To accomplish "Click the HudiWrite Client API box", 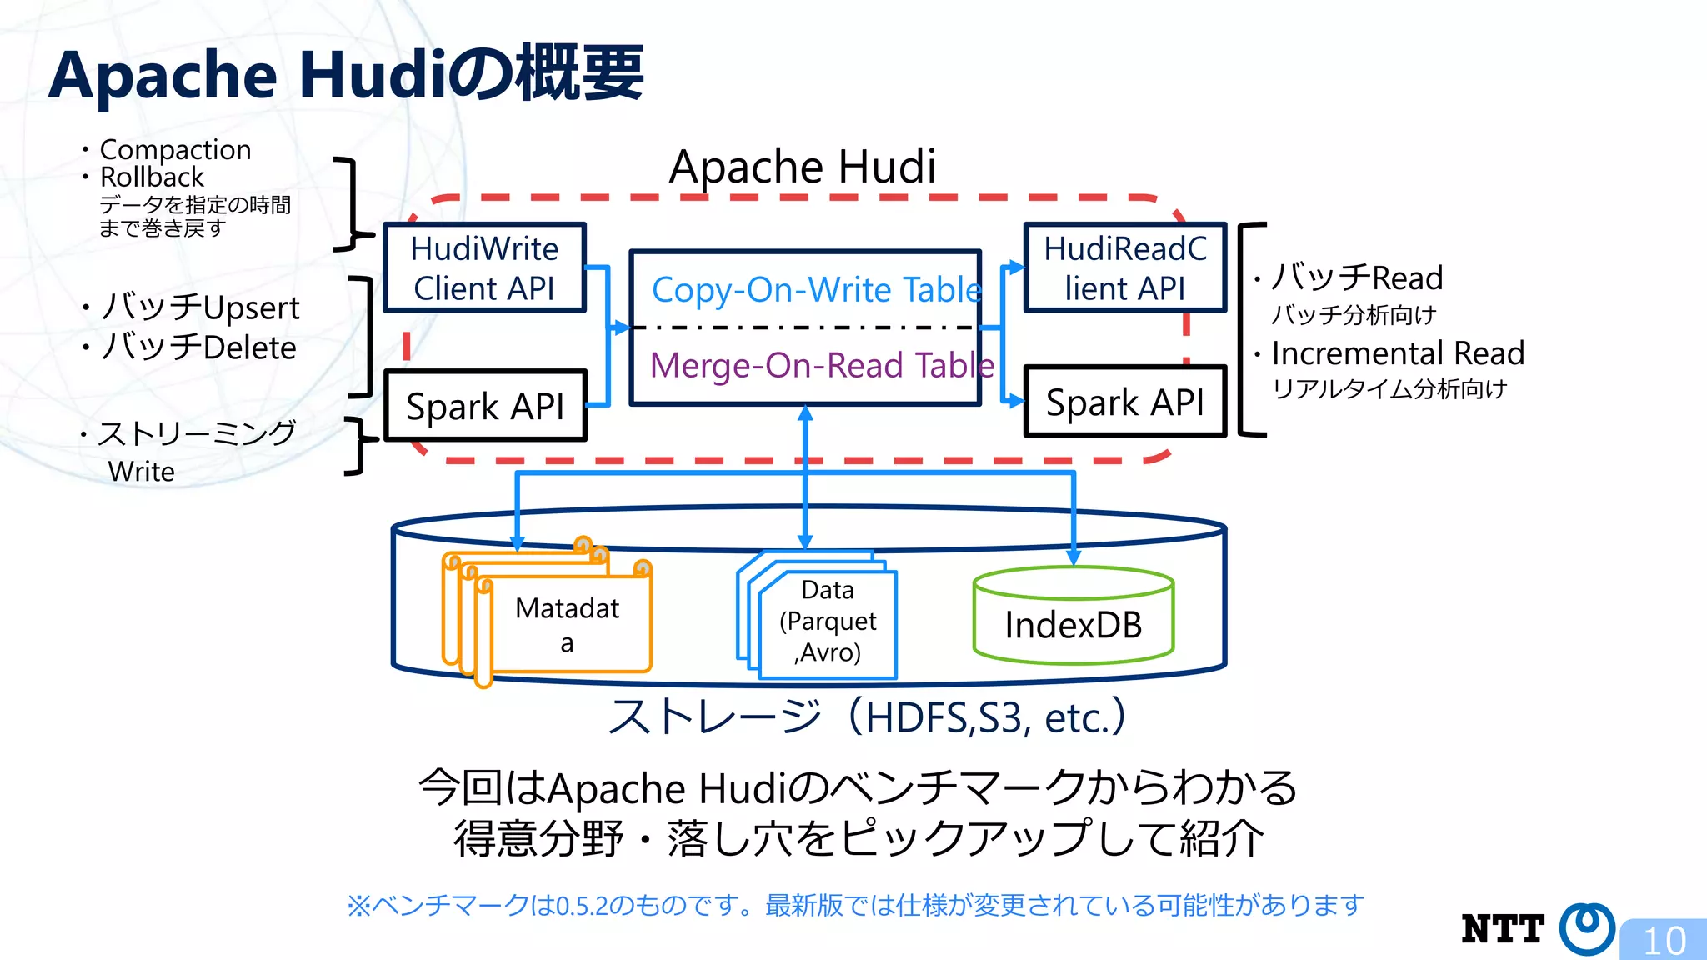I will click(484, 268).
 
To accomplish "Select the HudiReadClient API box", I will click(1124, 268).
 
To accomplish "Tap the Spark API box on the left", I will click(484, 406).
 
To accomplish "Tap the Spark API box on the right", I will click(1124, 402).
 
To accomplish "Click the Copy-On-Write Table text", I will click(815, 289).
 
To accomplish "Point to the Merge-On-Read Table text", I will click(821, 365).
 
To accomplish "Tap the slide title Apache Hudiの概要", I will click(346, 75).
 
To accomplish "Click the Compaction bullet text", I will click(175, 149).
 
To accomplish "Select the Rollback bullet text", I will click(152, 177).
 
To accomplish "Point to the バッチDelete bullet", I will click(198, 347).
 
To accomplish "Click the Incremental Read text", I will click(1398, 353).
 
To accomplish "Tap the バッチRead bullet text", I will click(1357, 277).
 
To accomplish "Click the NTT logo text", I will click(1502, 928).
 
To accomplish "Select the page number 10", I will click(1664, 940).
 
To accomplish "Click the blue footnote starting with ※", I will click(855, 905).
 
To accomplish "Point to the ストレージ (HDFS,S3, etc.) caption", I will click(867, 717).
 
